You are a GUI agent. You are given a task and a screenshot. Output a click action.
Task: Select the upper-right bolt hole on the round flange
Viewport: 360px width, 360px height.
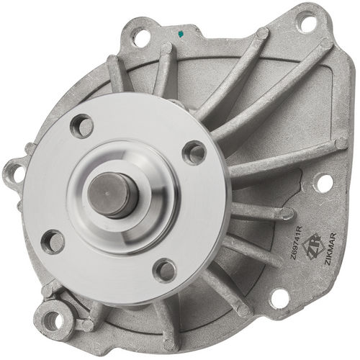point(194,151)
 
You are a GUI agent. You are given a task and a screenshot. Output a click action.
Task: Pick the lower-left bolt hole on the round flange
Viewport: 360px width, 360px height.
point(52,240)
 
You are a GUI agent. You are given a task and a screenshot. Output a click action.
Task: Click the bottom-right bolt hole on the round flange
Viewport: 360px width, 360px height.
point(166,270)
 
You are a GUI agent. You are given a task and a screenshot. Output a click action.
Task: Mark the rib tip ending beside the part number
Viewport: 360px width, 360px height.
point(287,214)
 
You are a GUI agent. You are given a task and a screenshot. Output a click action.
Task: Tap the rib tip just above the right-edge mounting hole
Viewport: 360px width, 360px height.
point(338,144)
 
